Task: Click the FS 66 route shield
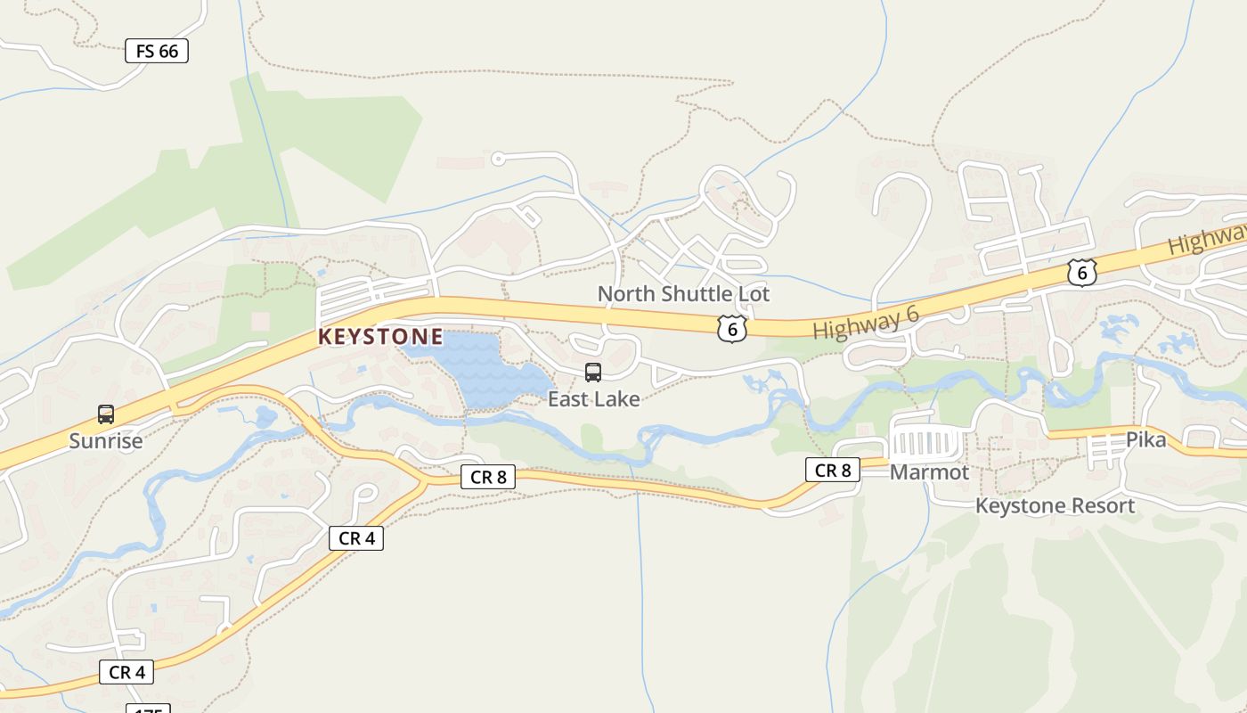coord(157,52)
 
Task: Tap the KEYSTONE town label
coord(380,337)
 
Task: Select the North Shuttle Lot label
coord(683,293)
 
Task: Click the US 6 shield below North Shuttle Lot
coord(731,329)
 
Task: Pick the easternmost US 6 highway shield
coord(1081,273)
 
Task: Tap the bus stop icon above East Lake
coord(592,373)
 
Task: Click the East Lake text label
coord(593,399)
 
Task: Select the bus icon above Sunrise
coord(106,414)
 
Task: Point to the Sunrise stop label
coord(106,441)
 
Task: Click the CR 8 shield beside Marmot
coord(833,470)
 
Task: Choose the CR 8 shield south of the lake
coord(488,477)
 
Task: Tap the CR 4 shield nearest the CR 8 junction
coord(356,538)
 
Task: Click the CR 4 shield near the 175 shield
coord(127,672)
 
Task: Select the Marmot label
coord(929,472)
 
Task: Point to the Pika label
coord(1145,439)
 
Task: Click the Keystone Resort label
coord(1055,506)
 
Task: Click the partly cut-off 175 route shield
coord(148,709)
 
